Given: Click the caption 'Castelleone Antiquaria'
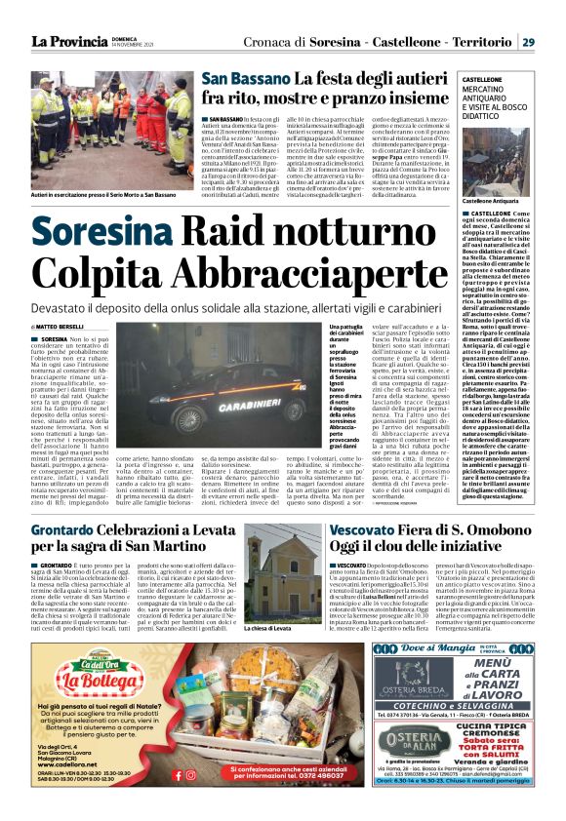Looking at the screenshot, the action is pyautogui.click(x=488, y=201).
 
